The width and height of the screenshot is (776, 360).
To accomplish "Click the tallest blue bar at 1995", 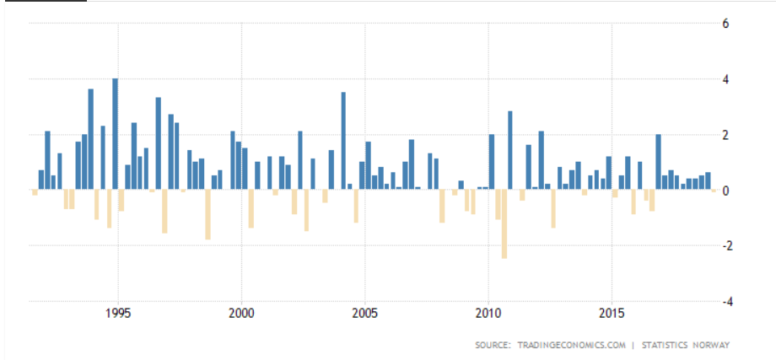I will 115,134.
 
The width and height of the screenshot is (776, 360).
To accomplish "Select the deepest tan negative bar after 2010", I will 504,224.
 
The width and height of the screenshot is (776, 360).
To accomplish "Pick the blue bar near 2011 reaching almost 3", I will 510,150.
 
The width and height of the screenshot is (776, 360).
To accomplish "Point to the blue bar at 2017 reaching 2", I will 658,162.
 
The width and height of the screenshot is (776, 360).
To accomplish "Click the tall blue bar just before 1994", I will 91,139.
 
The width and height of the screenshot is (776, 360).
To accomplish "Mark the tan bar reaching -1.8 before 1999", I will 207,215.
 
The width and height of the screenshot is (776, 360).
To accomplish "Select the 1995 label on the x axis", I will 118,314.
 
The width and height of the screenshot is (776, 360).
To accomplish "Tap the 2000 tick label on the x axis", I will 242,314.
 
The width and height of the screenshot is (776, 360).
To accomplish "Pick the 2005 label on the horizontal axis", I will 365,314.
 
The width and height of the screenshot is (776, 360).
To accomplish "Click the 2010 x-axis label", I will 488,314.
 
